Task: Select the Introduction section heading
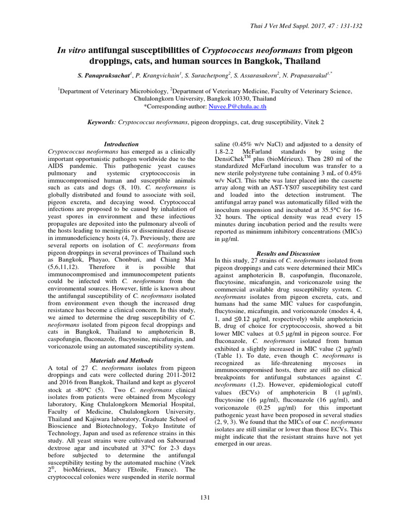[x=121, y=144]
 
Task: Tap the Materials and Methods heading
[x=121, y=360]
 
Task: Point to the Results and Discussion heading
[x=288, y=254]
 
